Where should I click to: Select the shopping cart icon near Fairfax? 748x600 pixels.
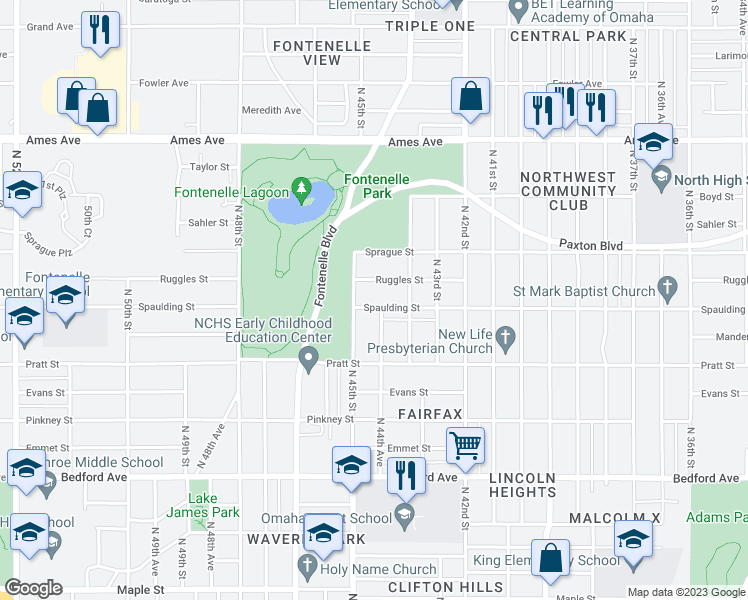click(x=466, y=445)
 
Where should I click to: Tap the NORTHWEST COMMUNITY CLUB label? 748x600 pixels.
click(x=568, y=190)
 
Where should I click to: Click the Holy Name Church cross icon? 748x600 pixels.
click(x=308, y=569)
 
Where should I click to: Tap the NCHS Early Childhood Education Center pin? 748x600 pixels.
click(x=309, y=359)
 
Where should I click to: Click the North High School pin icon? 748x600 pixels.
click(x=660, y=180)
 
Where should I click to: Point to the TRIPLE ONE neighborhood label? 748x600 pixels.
click(x=429, y=26)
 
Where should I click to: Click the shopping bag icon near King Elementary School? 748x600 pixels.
click(x=550, y=559)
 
